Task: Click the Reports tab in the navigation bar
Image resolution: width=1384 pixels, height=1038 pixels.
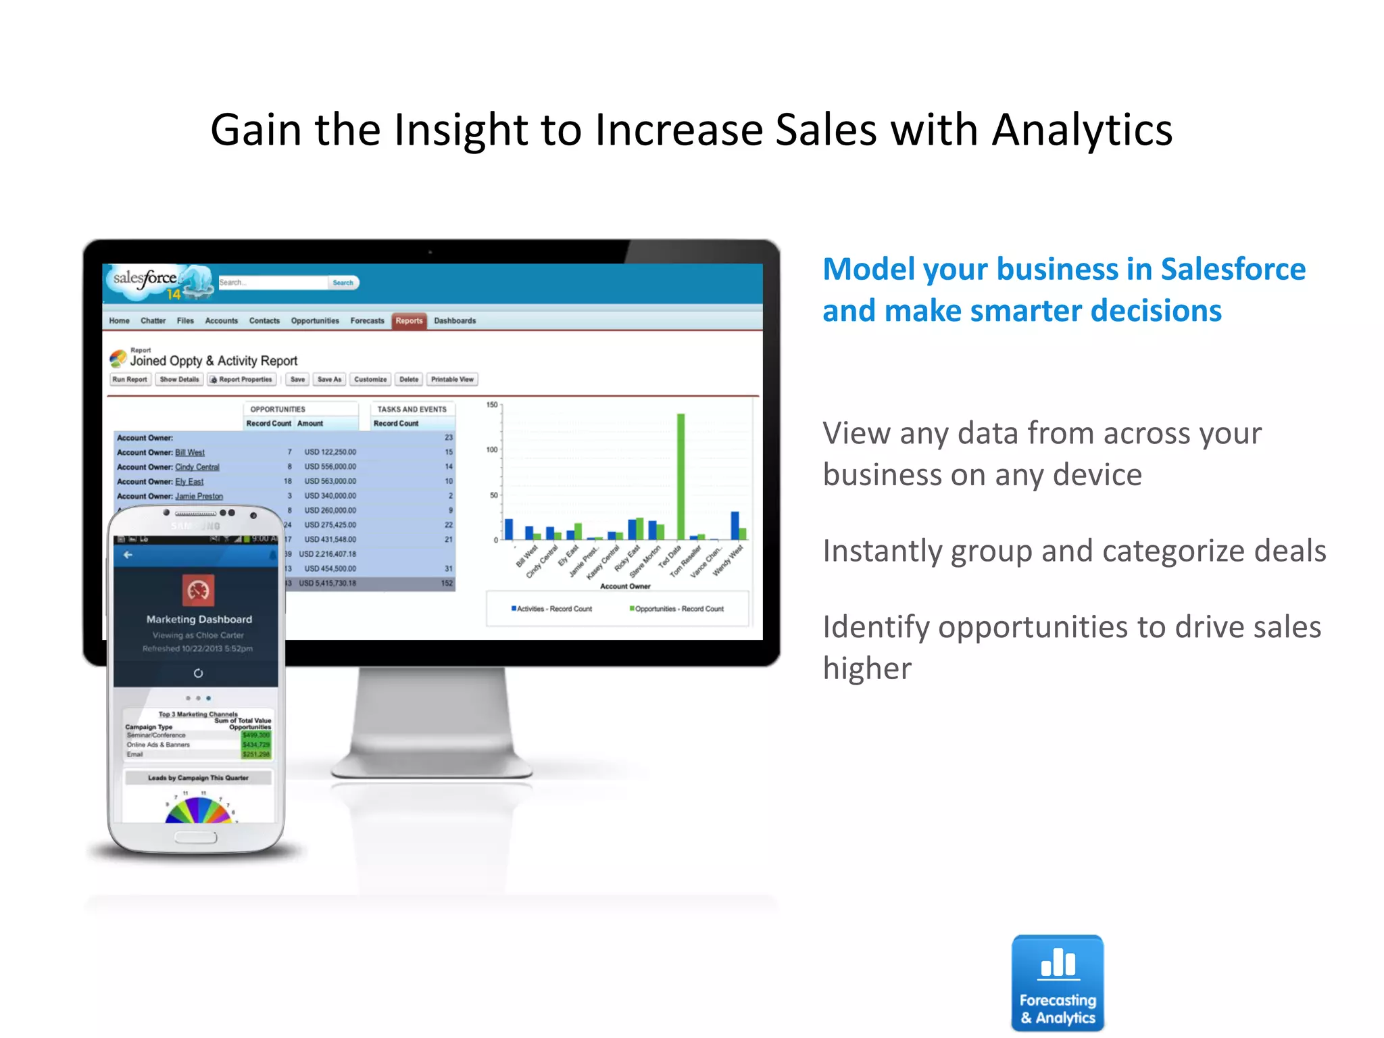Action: point(409,321)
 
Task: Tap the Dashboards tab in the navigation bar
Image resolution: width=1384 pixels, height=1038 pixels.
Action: point(455,321)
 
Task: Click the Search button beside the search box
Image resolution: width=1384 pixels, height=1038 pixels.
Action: point(343,282)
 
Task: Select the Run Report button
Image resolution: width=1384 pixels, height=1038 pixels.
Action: point(130,380)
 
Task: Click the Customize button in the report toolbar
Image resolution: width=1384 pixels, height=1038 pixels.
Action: point(370,380)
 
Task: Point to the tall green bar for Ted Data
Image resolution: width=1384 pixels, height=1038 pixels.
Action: point(681,476)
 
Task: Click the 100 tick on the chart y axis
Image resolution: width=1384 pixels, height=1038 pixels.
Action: point(492,450)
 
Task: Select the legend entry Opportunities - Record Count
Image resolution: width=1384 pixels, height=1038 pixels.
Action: point(678,609)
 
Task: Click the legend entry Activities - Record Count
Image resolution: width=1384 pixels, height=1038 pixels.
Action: point(553,609)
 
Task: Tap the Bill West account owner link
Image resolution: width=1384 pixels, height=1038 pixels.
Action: point(190,453)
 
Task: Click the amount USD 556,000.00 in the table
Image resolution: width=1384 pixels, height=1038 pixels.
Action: point(330,467)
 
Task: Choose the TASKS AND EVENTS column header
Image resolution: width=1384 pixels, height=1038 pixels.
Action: point(412,410)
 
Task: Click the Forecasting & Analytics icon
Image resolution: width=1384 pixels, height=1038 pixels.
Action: point(1058,983)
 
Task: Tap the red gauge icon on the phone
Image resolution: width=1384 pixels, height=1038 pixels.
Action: point(198,590)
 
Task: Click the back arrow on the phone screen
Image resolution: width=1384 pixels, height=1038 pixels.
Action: point(128,555)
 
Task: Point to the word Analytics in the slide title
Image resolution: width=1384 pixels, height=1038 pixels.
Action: point(1082,130)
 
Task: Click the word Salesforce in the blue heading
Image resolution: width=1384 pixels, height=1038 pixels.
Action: point(1233,269)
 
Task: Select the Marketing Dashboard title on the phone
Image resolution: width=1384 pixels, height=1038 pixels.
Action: point(199,620)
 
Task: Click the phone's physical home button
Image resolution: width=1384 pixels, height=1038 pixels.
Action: point(196,838)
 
